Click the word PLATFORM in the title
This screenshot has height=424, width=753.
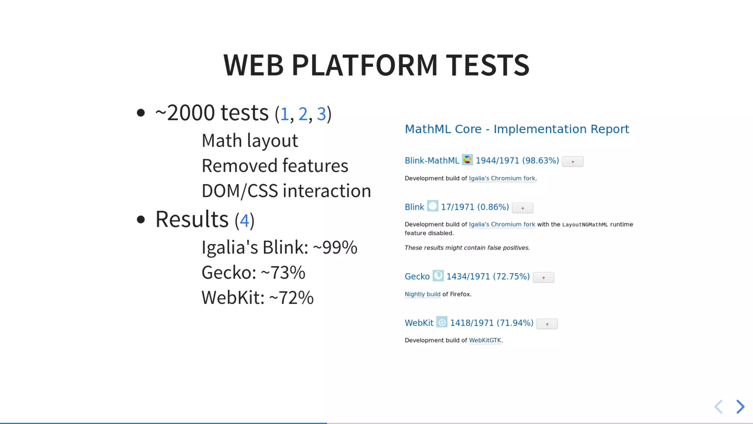coord(364,65)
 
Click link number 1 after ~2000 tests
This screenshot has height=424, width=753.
coord(284,114)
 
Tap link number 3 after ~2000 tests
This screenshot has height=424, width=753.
coord(321,114)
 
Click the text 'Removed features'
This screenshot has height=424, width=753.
coord(275,166)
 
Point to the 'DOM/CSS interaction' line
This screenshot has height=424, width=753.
coord(286,191)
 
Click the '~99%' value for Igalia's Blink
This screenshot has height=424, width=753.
coord(335,247)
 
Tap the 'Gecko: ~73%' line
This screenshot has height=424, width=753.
coord(253,273)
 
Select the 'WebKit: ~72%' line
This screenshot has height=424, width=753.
coord(257,298)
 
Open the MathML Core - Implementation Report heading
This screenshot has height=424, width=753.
coord(517,129)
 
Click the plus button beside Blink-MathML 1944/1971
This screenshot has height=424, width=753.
coord(572,162)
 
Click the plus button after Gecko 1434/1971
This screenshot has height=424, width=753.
coord(543,278)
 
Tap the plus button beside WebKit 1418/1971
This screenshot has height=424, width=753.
coord(547,324)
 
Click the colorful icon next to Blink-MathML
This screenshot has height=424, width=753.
coord(467,160)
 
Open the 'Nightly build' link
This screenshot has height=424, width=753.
coord(422,294)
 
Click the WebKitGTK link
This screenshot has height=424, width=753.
coord(485,340)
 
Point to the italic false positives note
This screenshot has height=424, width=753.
coord(467,248)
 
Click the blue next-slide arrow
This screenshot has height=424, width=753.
coord(740,407)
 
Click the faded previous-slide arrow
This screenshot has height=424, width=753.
coord(718,407)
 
